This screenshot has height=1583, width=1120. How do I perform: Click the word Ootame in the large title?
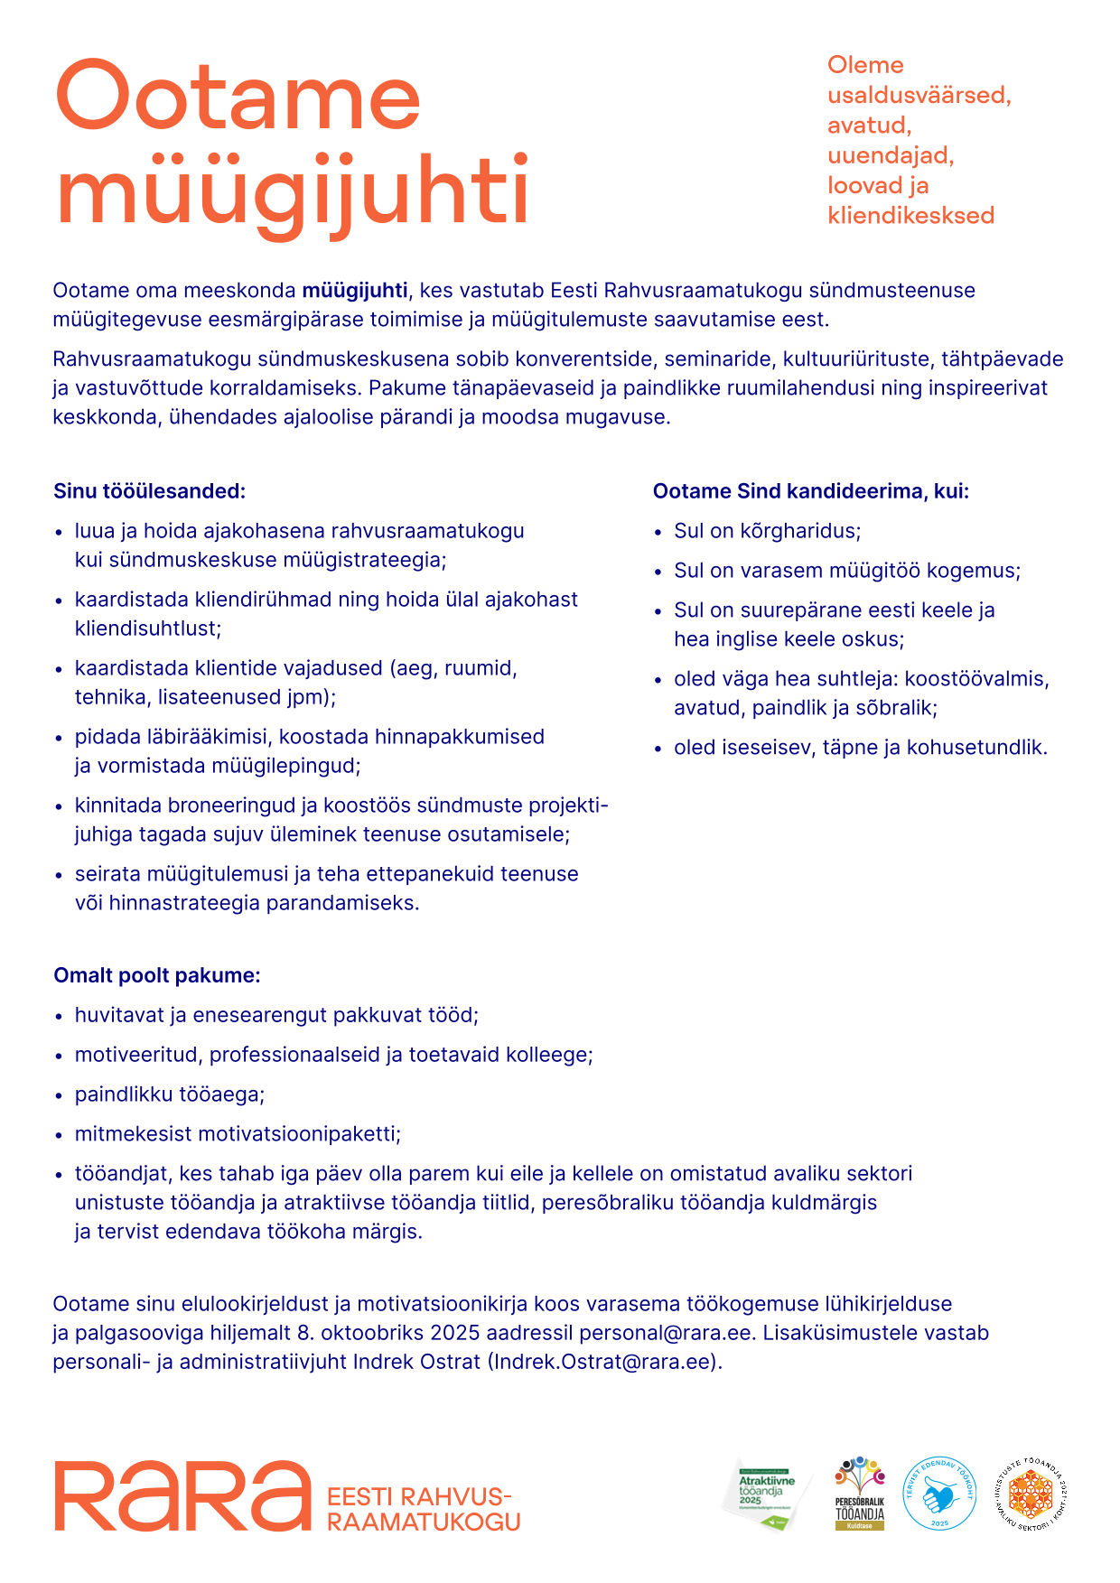238,97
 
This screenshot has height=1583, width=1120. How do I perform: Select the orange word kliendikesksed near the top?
910,216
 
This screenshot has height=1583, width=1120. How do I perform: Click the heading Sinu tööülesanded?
149,491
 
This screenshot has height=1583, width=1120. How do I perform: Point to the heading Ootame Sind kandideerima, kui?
810,491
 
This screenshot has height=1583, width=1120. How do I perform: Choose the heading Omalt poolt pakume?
157,975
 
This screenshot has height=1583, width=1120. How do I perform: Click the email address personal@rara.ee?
665,1333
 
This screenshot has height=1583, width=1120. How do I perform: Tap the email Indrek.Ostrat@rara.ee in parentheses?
604,1362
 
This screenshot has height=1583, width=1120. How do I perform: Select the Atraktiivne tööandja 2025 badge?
766,1495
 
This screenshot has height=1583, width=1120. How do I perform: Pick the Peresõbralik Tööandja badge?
859,1495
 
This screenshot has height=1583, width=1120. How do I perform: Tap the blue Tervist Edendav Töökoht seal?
939,1495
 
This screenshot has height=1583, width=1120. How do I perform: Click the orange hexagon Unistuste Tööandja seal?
1031,1495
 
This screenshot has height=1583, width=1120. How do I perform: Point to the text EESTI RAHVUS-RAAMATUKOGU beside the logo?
423,1509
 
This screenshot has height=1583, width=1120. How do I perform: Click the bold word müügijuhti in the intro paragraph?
354,291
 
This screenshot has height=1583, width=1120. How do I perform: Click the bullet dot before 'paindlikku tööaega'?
59,1096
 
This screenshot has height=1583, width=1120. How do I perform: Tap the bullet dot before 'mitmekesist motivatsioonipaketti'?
59,1136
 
